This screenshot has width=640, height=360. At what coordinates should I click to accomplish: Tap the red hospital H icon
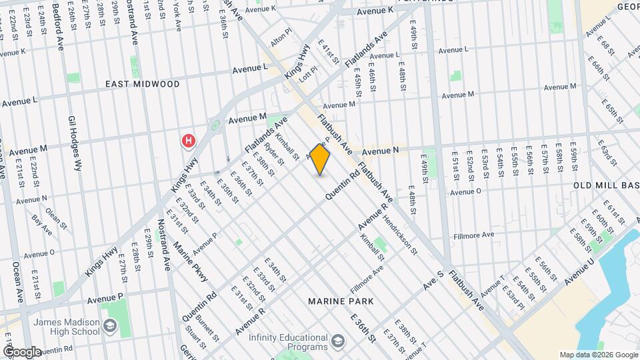click(x=189, y=141)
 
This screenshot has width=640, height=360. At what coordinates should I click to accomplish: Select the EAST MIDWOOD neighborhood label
click(x=143, y=85)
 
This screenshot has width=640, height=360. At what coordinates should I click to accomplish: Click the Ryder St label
click(x=273, y=155)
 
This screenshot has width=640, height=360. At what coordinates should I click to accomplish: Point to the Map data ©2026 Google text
click(x=598, y=355)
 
